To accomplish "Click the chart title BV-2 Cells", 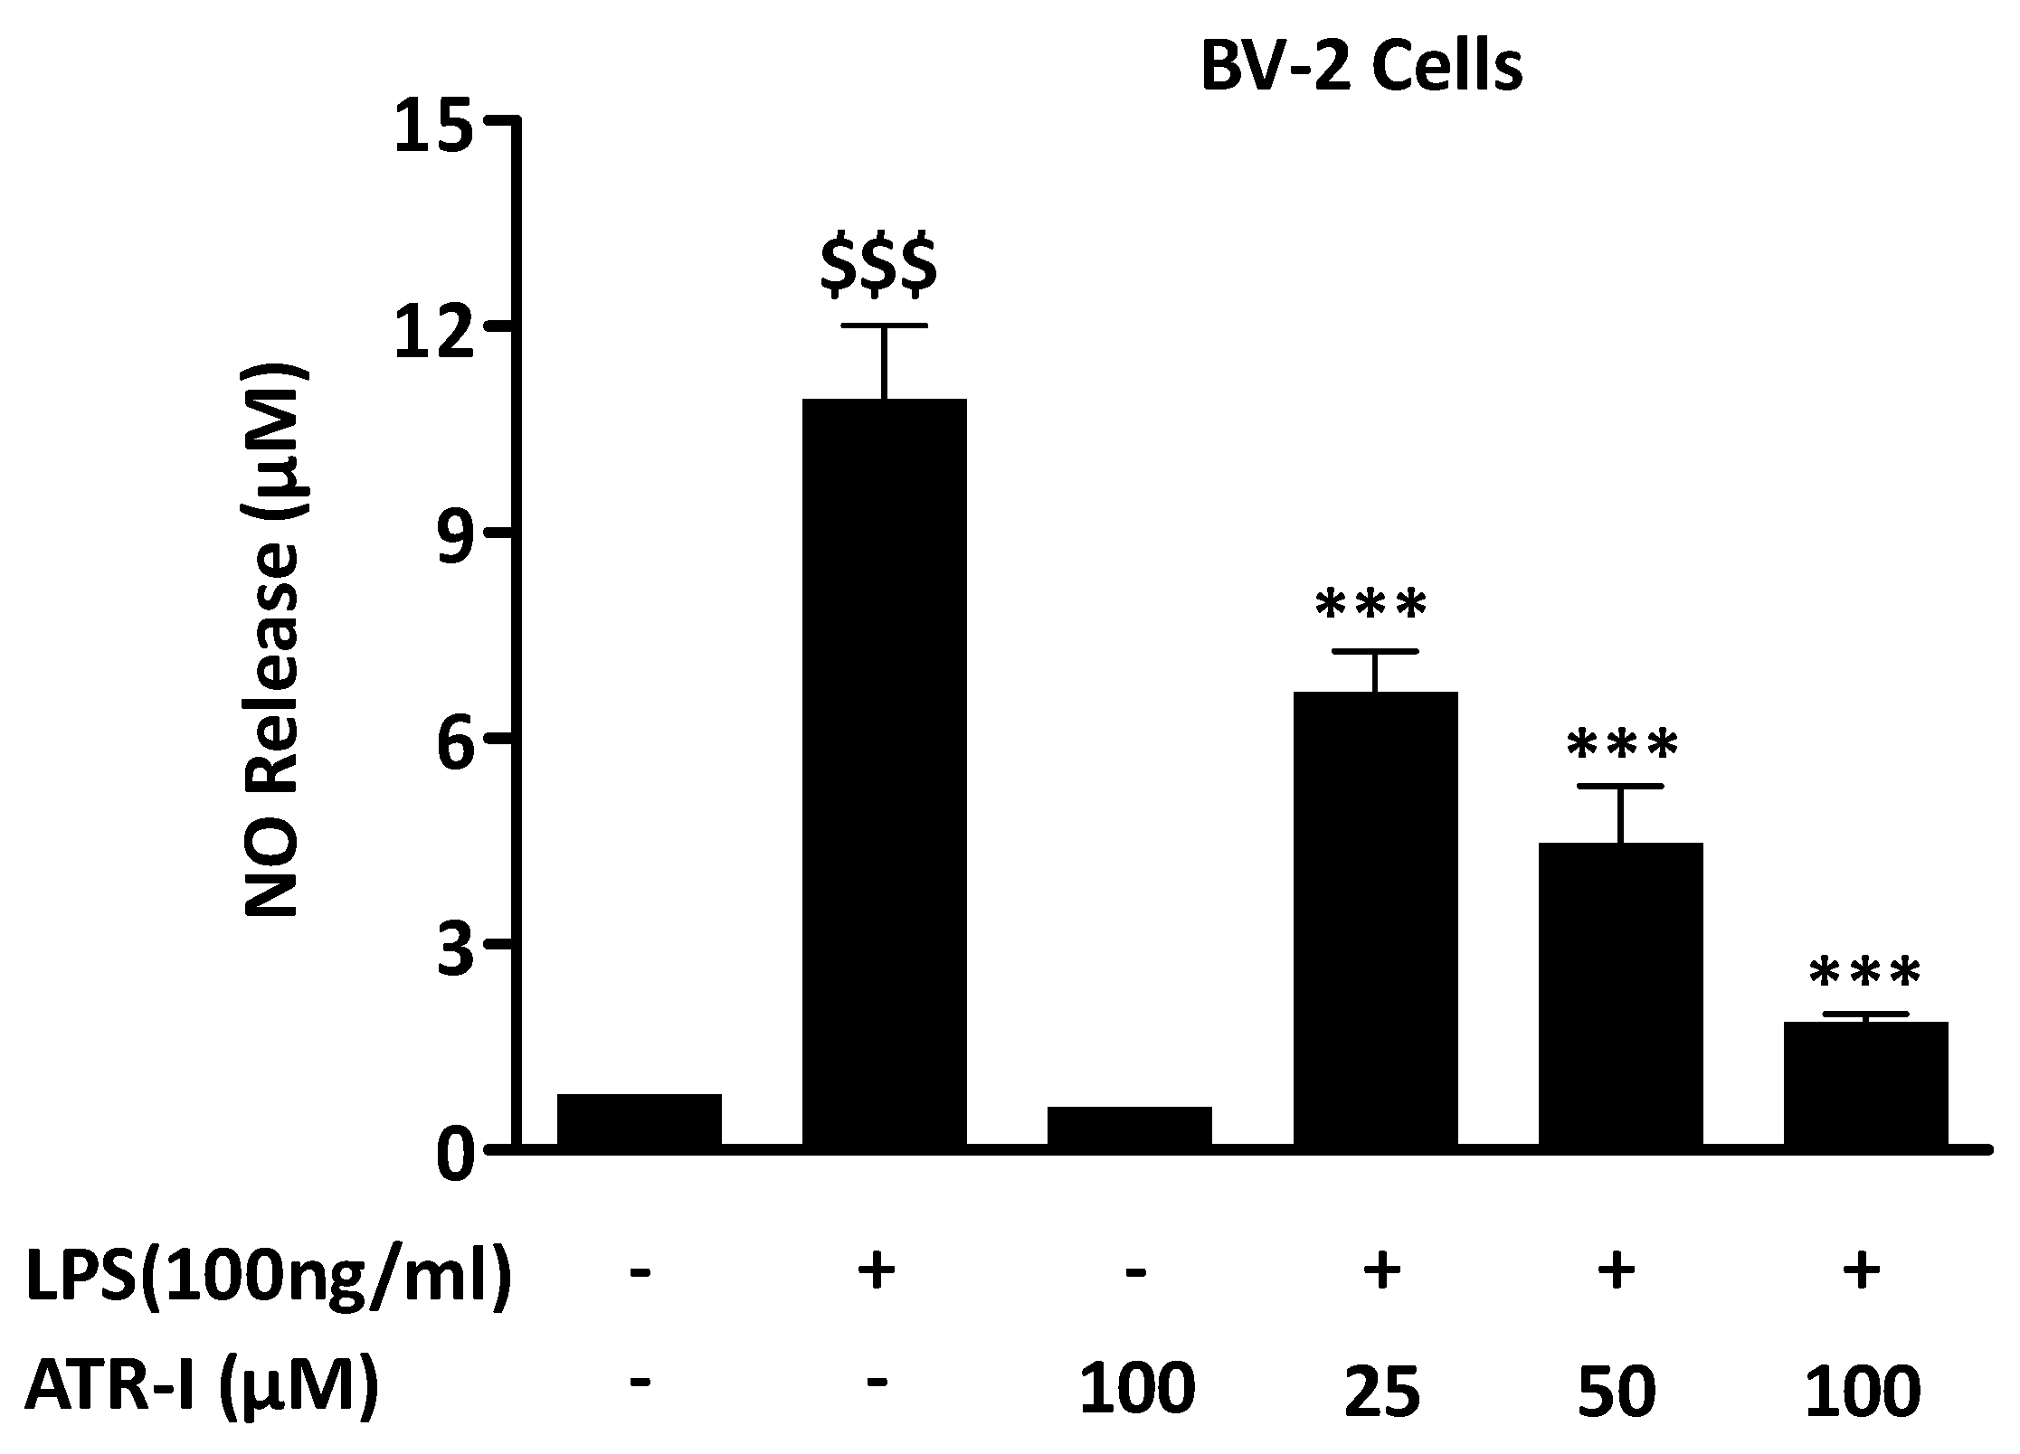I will point(1361,68).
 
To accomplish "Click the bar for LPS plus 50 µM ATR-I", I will point(1620,995).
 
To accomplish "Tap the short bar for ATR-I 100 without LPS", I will point(1129,1127).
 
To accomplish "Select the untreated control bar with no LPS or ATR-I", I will point(639,1120).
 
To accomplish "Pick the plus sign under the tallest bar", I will point(876,1270).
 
